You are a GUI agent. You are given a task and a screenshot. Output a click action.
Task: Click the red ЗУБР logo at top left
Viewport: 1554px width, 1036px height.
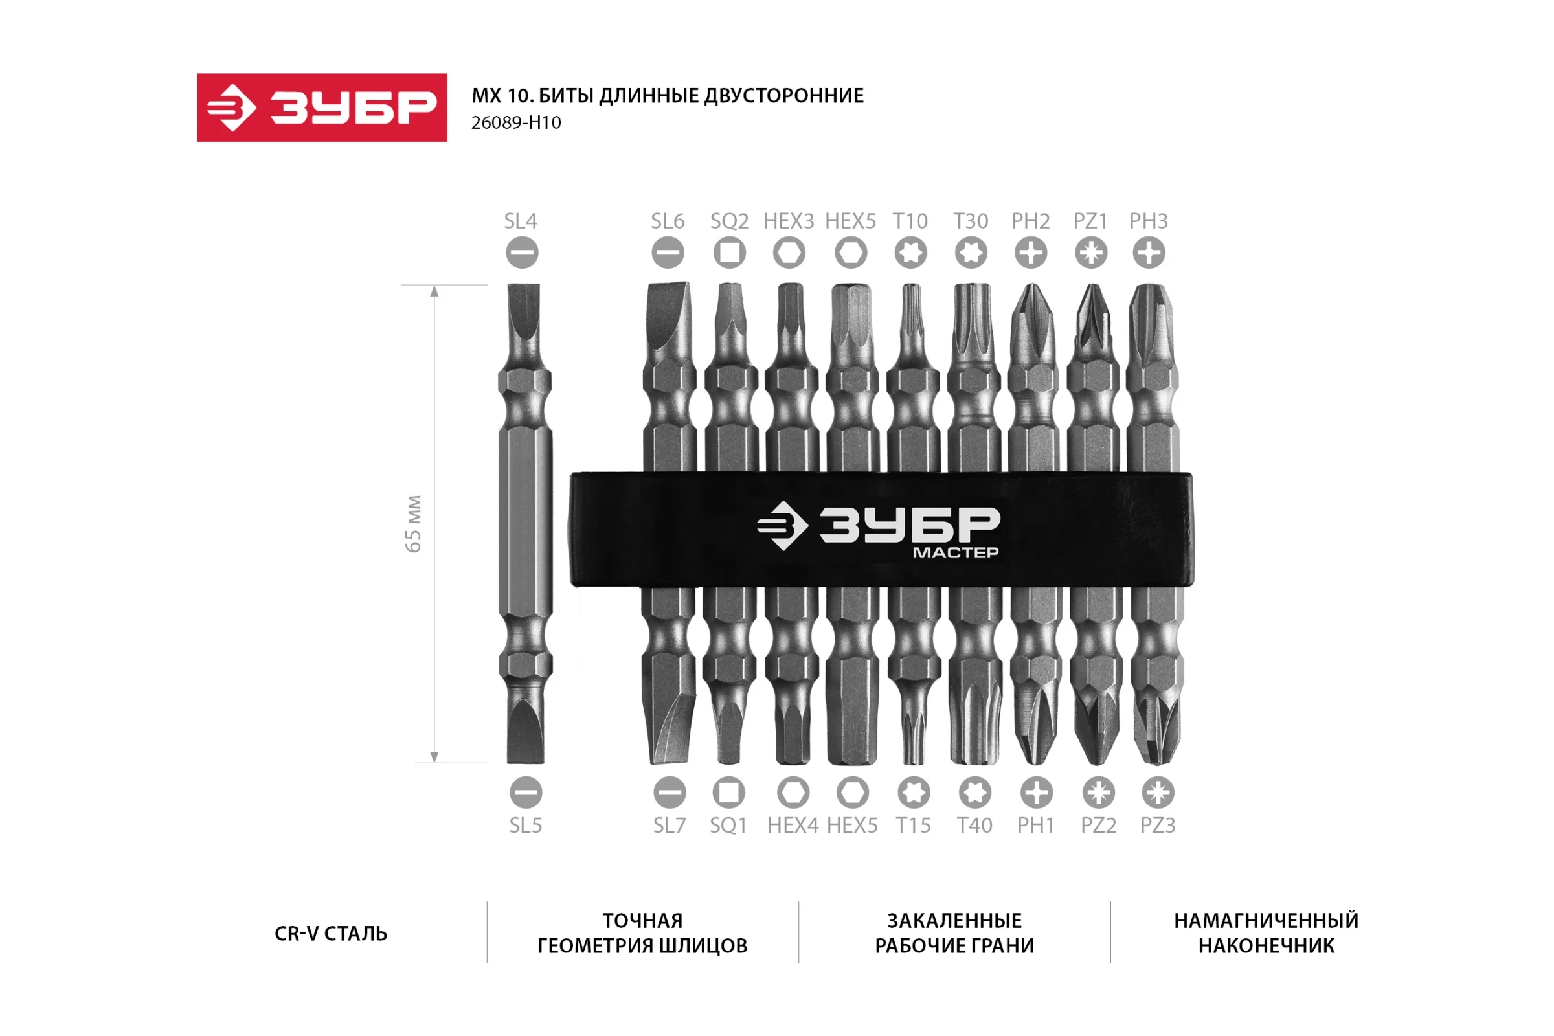click(322, 107)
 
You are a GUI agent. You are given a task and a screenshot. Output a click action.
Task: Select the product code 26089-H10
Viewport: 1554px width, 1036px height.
click(516, 123)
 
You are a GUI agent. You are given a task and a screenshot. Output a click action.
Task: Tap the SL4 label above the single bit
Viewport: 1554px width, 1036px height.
click(521, 221)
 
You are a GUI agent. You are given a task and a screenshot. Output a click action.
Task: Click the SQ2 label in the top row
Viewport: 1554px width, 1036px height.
click(730, 221)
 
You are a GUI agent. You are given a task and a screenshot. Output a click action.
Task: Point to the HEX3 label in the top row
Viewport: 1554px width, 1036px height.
click(789, 221)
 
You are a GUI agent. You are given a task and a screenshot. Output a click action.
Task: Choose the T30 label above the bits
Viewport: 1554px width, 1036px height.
click(971, 221)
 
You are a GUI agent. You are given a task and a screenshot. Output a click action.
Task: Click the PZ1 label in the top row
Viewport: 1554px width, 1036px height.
click(1090, 221)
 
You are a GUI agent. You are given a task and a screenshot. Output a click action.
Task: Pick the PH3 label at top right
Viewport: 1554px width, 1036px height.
click(1148, 221)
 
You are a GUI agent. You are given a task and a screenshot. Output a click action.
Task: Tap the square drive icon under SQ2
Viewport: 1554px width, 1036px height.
click(730, 253)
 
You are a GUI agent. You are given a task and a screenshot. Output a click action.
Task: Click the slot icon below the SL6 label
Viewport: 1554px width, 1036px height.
click(668, 253)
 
